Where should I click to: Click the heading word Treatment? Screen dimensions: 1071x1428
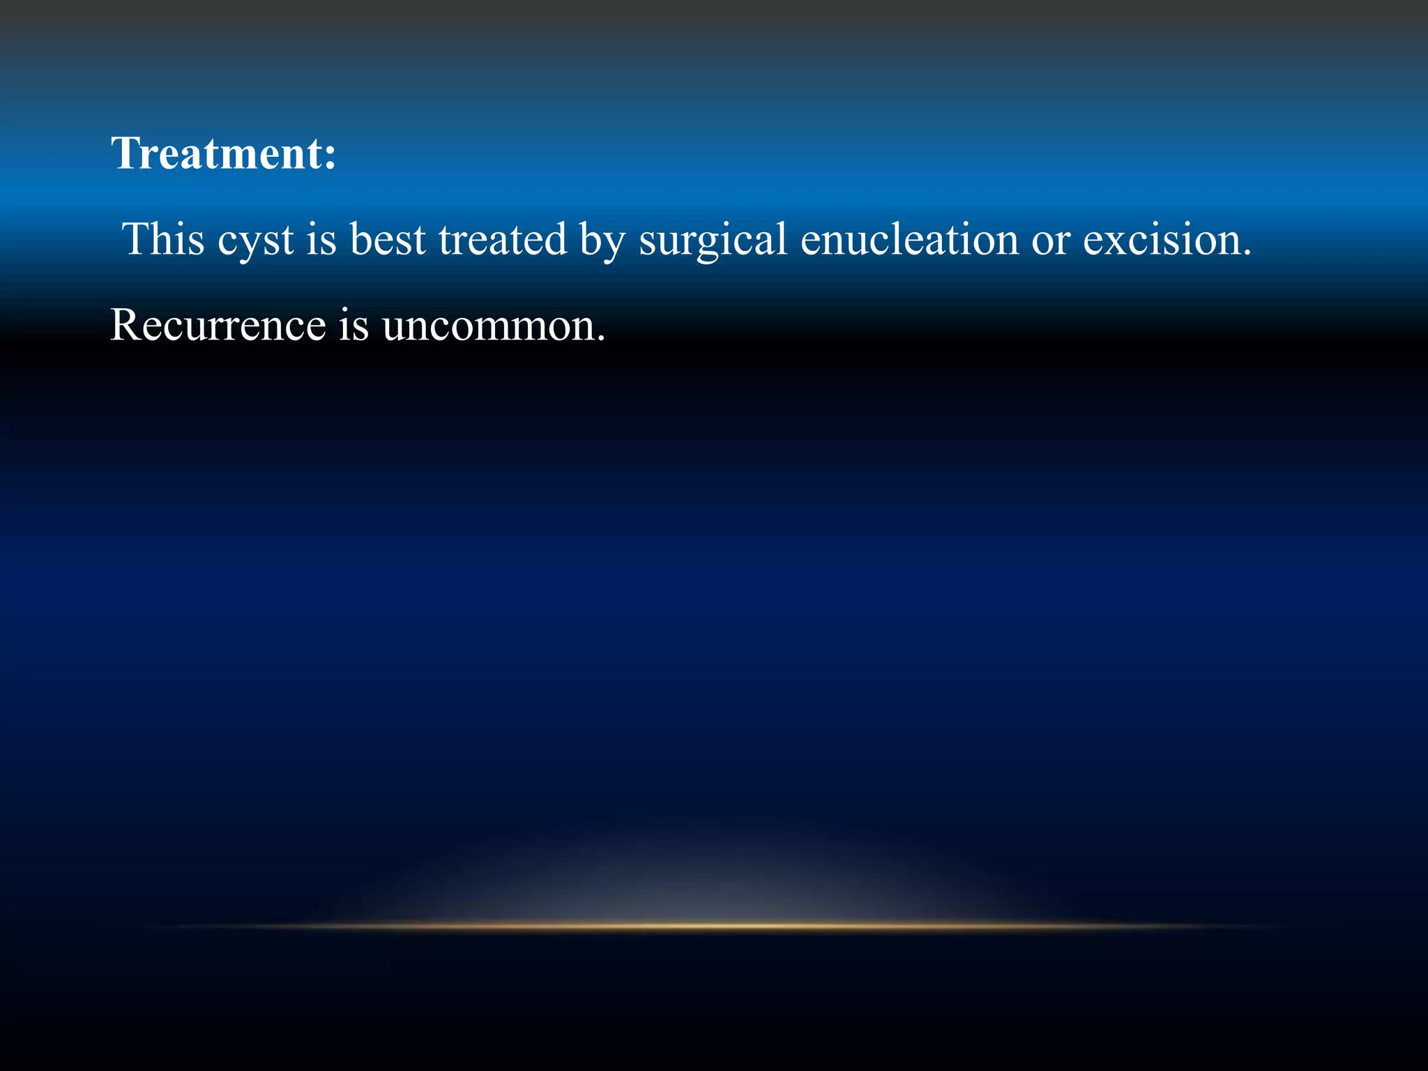216,153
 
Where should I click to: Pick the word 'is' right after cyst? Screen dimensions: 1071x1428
321,240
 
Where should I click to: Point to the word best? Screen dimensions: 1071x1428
388,240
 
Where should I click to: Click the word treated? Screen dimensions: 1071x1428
502,240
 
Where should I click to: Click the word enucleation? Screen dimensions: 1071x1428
909,240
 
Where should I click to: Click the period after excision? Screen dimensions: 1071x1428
1245,252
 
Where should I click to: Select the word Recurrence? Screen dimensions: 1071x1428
218,326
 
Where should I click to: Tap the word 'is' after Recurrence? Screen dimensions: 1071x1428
354,326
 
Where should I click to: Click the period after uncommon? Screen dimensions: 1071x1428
601,339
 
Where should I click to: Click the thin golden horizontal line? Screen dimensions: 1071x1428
714,927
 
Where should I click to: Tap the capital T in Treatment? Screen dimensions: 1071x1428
128,153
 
